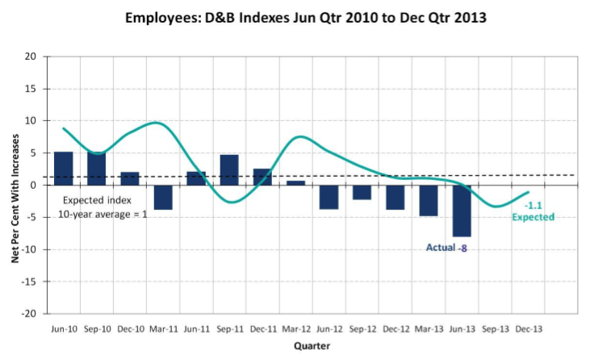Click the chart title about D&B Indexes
pyautogui.click(x=306, y=18)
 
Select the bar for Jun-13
pyautogui.click(x=462, y=211)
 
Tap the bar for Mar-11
pyautogui.click(x=163, y=197)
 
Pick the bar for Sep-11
pyautogui.click(x=229, y=170)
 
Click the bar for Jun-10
pyautogui.click(x=64, y=169)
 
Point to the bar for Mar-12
pyautogui.click(x=295, y=182)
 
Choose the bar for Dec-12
pyautogui.click(x=395, y=197)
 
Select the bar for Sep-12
pyautogui.click(x=362, y=192)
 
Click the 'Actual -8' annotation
pyautogui.click(x=446, y=248)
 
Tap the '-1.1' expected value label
pyautogui.click(x=534, y=205)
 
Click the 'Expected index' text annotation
pyautogui.click(x=97, y=200)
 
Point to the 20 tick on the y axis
pyautogui.click(x=31, y=57)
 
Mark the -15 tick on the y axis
pyautogui.click(x=28, y=282)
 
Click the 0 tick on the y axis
pyautogui.click(x=33, y=185)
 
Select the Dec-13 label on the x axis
pyautogui.click(x=529, y=329)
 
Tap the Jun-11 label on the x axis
pyautogui.click(x=197, y=329)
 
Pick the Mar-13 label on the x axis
pyautogui.click(x=429, y=329)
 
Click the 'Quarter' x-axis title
pyautogui.click(x=312, y=345)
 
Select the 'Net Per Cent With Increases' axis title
pyautogui.click(x=15, y=199)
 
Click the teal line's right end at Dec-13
pyautogui.click(x=529, y=192)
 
